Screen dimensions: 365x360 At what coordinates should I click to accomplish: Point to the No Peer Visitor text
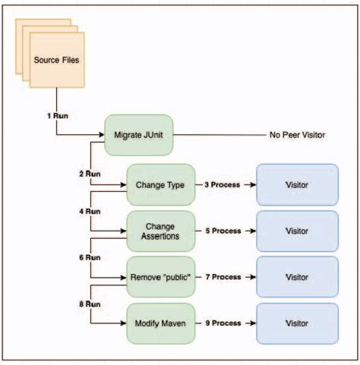tap(297, 135)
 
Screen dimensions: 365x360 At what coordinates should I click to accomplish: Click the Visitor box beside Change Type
tap(297, 184)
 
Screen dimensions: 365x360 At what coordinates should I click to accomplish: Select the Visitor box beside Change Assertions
tap(297, 231)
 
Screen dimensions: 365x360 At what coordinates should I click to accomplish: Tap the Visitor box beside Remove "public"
tap(297, 277)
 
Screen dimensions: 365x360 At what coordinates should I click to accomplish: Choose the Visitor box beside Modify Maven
tap(297, 324)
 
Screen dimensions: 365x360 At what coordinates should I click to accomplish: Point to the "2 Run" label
tap(90, 174)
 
